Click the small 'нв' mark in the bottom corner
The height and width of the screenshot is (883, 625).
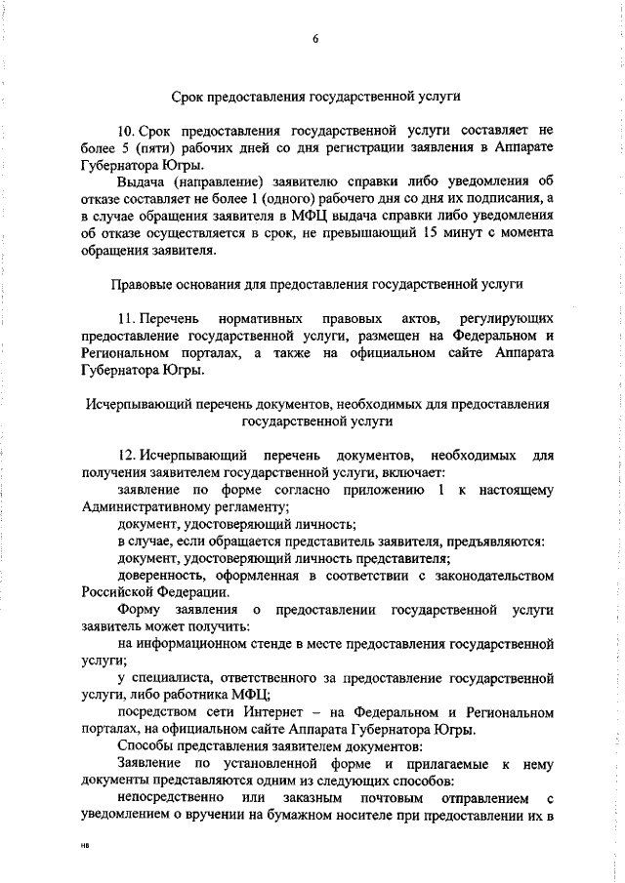coord(85,849)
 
